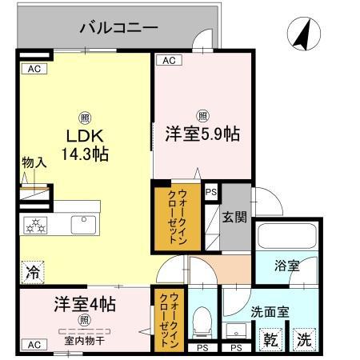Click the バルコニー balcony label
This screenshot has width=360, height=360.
(x=118, y=29)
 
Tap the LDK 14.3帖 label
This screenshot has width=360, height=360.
(x=83, y=142)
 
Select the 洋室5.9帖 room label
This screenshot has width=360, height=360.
(x=202, y=134)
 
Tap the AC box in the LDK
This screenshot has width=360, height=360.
(x=34, y=69)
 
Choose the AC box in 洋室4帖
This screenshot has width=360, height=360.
(x=34, y=345)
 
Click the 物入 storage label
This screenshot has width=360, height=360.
(x=33, y=162)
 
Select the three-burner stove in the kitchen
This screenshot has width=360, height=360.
(x=36, y=225)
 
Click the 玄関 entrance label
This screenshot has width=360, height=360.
(x=234, y=216)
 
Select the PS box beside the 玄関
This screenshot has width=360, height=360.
(x=211, y=192)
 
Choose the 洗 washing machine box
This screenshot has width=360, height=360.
(x=304, y=339)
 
